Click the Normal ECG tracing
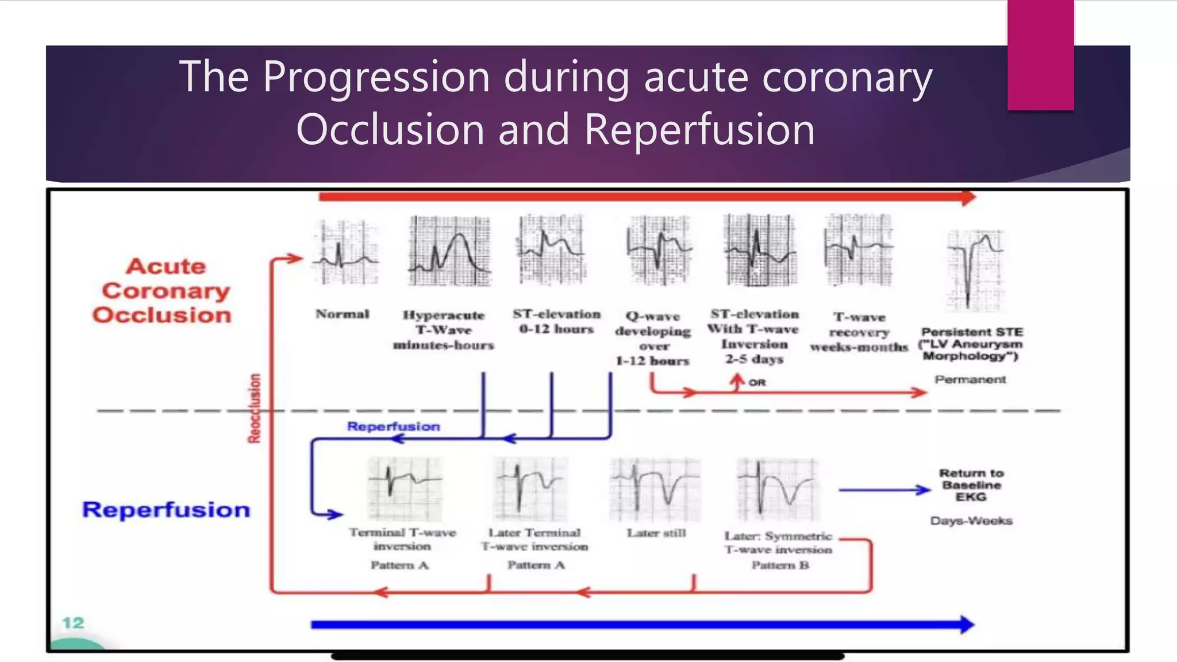coord(345,253)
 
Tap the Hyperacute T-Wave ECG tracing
coord(449,251)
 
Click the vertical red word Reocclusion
coord(254,409)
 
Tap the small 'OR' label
coord(757,383)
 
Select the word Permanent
coord(970,379)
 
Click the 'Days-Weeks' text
coord(971,521)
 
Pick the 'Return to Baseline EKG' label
coord(971,485)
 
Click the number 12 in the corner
coord(73,623)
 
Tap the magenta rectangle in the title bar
coord(1040,55)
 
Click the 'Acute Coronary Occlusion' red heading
coord(163,291)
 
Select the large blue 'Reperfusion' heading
coord(166,510)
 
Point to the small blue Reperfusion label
coord(394,426)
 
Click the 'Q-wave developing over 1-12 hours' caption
coord(653,338)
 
